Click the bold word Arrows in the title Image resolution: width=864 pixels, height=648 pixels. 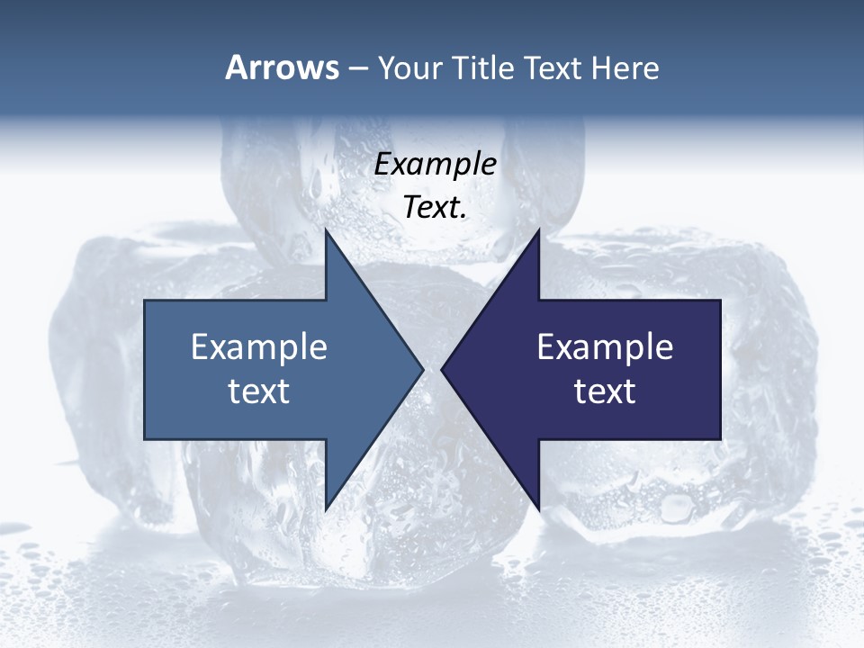(282, 67)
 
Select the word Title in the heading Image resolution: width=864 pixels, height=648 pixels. (488, 67)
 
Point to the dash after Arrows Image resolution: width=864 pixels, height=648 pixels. (357, 68)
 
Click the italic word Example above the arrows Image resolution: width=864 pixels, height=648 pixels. (435, 164)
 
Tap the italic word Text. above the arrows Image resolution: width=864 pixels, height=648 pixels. (435, 208)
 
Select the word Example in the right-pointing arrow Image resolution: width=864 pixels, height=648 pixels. (259, 346)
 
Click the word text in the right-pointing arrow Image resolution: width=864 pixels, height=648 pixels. (259, 391)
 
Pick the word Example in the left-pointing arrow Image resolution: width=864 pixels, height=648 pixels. (605, 346)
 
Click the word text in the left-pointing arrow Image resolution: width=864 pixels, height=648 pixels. (605, 391)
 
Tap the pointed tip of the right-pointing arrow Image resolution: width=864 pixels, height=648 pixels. (423, 369)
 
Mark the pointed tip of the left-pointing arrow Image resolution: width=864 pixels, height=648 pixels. (442, 369)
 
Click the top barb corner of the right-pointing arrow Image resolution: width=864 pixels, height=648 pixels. (326, 229)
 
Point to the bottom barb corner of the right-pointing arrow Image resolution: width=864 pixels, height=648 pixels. (326, 510)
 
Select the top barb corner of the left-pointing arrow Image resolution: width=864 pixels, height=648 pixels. (538, 229)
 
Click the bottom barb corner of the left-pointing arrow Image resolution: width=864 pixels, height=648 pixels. (538, 510)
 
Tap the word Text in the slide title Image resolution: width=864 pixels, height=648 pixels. (553, 67)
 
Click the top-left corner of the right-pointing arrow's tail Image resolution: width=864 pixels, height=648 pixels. (145, 300)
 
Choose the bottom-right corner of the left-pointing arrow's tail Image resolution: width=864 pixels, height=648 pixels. (720, 439)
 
